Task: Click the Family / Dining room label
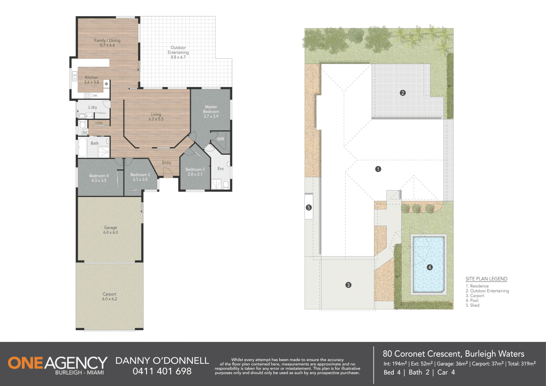tap(107, 43)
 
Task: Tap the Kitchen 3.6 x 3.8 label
tap(91, 80)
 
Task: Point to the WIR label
tap(220, 139)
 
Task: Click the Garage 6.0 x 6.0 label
tap(110, 230)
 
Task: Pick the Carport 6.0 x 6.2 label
tap(109, 296)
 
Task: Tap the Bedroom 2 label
tap(195, 172)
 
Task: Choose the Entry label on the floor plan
tap(167, 162)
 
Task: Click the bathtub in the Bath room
tap(83, 148)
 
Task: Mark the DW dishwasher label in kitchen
tap(95, 95)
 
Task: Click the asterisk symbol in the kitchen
tap(106, 84)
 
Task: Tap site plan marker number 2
tap(403, 93)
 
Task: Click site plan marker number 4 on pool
tap(430, 267)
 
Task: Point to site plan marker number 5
tap(309, 207)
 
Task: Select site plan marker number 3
tap(348, 285)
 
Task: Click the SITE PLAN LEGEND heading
tap(486, 279)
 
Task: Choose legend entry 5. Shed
tap(472, 305)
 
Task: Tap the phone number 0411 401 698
tap(162, 371)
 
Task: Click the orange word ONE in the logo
tap(25, 363)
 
